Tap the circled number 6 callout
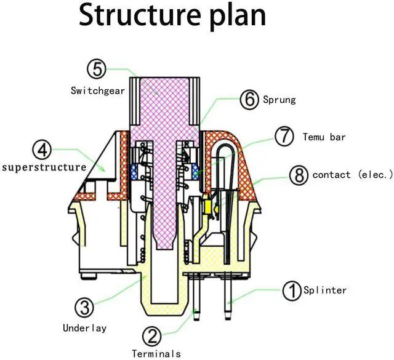tap(249, 100)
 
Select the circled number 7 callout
tap(284, 137)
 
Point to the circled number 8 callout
tap(299, 175)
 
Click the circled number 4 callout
tap(42, 150)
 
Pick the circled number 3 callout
tap(84, 307)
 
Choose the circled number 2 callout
tap(152, 337)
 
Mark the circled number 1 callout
tap(292, 290)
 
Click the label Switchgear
tap(98, 90)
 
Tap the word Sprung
tap(279, 100)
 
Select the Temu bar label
tap(324, 137)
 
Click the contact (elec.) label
tap(352, 174)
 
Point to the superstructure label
tap(44, 167)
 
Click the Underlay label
tap(85, 328)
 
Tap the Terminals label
tap(156, 354)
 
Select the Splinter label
tap(325, 290)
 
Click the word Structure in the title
tap(140, 15)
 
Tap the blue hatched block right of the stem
tap(195, 172)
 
